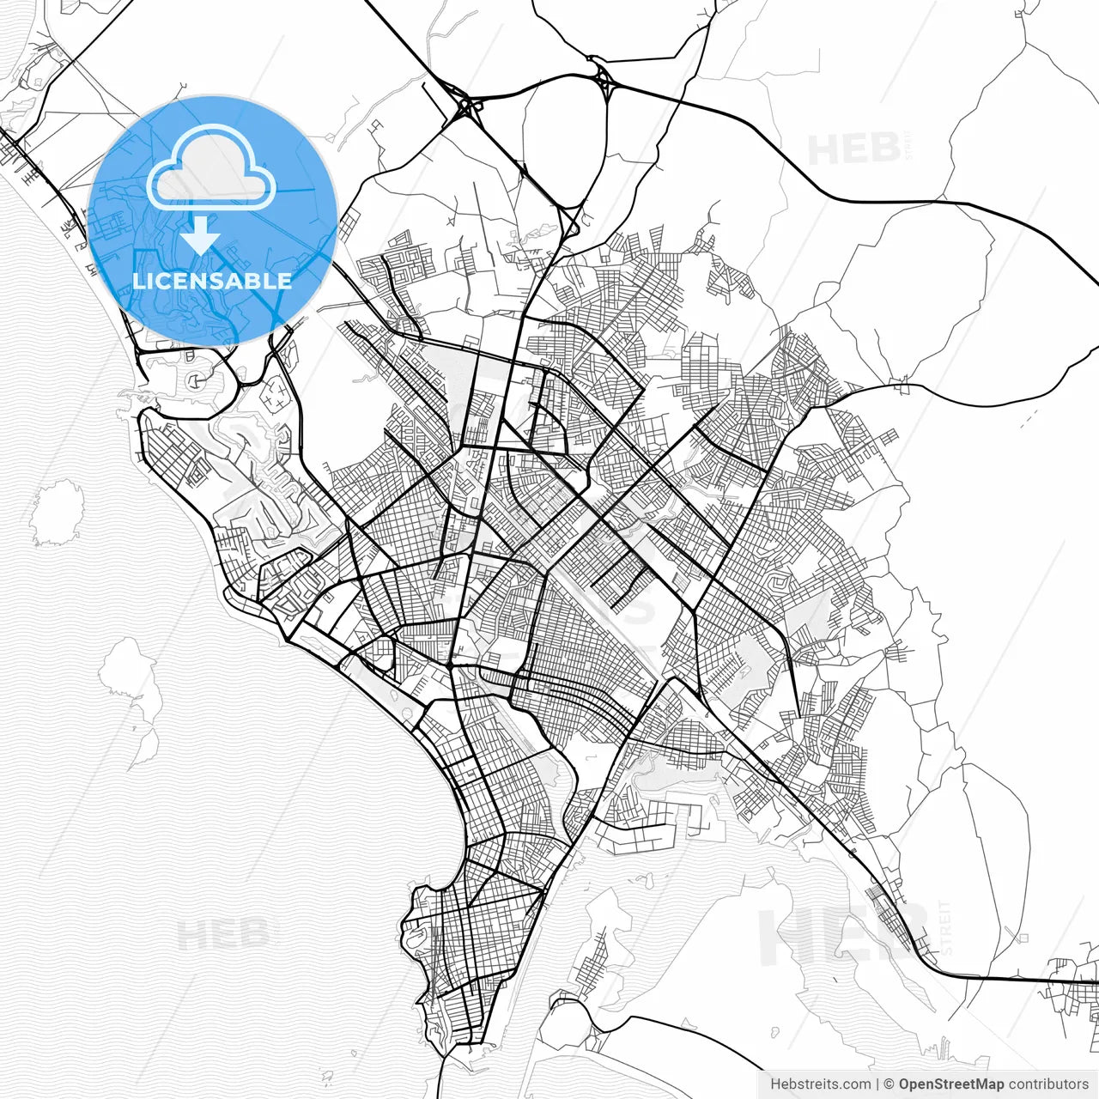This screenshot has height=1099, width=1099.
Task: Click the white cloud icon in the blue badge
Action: tap(210, 168)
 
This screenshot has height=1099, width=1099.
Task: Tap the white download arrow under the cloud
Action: tap(201, 234)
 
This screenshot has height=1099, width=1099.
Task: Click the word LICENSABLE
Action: tap(212, 281)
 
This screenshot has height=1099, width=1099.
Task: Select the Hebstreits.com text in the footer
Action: tap(820, 1084)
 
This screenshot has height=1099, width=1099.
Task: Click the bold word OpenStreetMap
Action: tap(951, 1084)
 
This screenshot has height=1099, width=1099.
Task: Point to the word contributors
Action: tap(1048, 1084)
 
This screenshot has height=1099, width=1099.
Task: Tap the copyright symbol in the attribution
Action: tap(890, 1084)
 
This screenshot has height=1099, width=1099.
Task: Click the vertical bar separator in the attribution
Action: tap(877, 1084)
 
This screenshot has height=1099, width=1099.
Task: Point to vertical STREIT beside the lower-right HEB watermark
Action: tap(946, 927)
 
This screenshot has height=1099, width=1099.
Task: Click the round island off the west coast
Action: tap(57, 513)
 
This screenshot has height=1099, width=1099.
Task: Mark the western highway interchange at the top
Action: tap(469, 108)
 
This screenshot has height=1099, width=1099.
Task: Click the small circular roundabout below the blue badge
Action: tap(197, 379)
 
